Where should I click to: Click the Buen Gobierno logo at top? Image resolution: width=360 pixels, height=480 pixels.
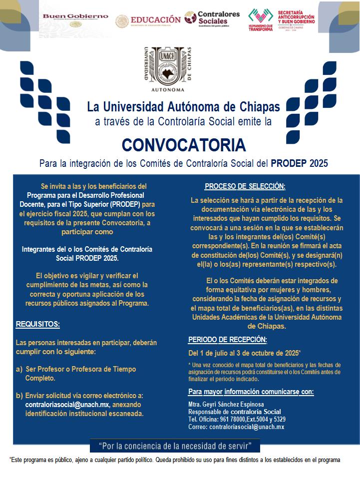[75, 19]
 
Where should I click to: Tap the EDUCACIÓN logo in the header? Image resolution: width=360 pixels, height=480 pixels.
[148, 20]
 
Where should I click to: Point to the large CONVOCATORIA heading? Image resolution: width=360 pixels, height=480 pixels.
[184, 145]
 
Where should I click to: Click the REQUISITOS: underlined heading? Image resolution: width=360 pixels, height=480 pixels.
[38, 324]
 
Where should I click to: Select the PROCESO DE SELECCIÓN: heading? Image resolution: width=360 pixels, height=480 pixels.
[245, 186]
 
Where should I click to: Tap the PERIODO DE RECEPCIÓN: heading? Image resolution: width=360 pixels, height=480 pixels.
[228, 340]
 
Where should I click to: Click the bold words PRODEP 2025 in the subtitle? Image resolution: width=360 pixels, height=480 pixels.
[300, 163]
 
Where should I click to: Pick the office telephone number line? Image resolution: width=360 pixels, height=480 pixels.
[237, 419]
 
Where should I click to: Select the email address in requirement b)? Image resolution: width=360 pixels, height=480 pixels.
[67, 404]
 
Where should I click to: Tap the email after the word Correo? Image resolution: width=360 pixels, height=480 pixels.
[247, 427]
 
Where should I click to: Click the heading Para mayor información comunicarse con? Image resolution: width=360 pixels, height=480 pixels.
[251, 391]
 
